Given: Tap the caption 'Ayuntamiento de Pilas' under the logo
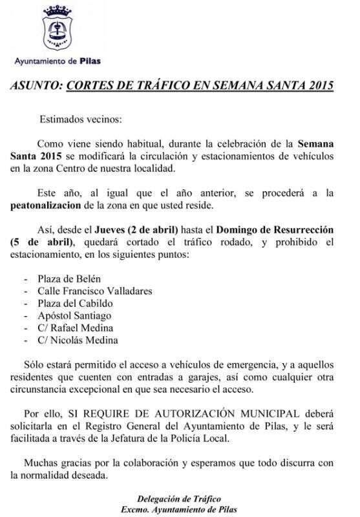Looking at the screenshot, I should pyautogui.click(x=57, y=62).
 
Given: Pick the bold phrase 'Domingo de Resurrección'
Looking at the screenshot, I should pyautogui.click(x=277, y=230).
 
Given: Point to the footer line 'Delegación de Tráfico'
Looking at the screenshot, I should pyautogui.click(x=180, y=499).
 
